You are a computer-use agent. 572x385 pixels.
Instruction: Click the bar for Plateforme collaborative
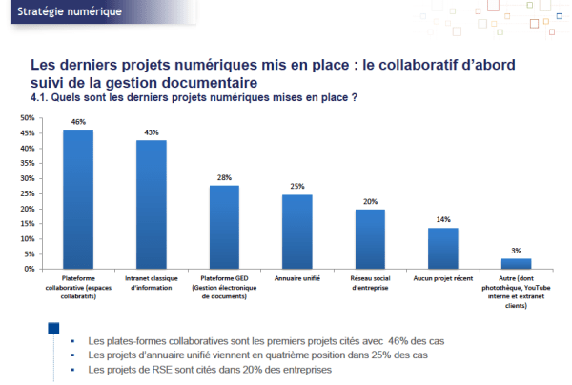[78, 199]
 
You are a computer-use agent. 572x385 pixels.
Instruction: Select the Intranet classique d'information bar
[152, 204]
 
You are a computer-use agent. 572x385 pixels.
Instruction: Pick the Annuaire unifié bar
[297, 232]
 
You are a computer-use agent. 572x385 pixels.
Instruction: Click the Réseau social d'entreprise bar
[370, 239]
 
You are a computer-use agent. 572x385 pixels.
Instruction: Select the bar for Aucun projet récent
[443, 248]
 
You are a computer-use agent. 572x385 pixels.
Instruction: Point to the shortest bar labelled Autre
[516, 264]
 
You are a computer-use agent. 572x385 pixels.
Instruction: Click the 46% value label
[78, 122]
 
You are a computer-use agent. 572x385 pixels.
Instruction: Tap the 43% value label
[152, 132]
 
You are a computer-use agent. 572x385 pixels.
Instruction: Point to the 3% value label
[516, 251]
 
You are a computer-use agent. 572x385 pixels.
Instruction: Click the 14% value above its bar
[443, 219]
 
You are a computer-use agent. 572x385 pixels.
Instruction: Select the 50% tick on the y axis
[27, 118]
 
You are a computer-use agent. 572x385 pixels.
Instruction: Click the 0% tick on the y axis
[29, 269]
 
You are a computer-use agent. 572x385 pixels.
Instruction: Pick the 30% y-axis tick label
[27, 178]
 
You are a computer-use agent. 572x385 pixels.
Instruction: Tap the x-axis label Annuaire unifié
[297, 278]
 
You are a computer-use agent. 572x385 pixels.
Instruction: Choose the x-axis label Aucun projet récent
[443, 278]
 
